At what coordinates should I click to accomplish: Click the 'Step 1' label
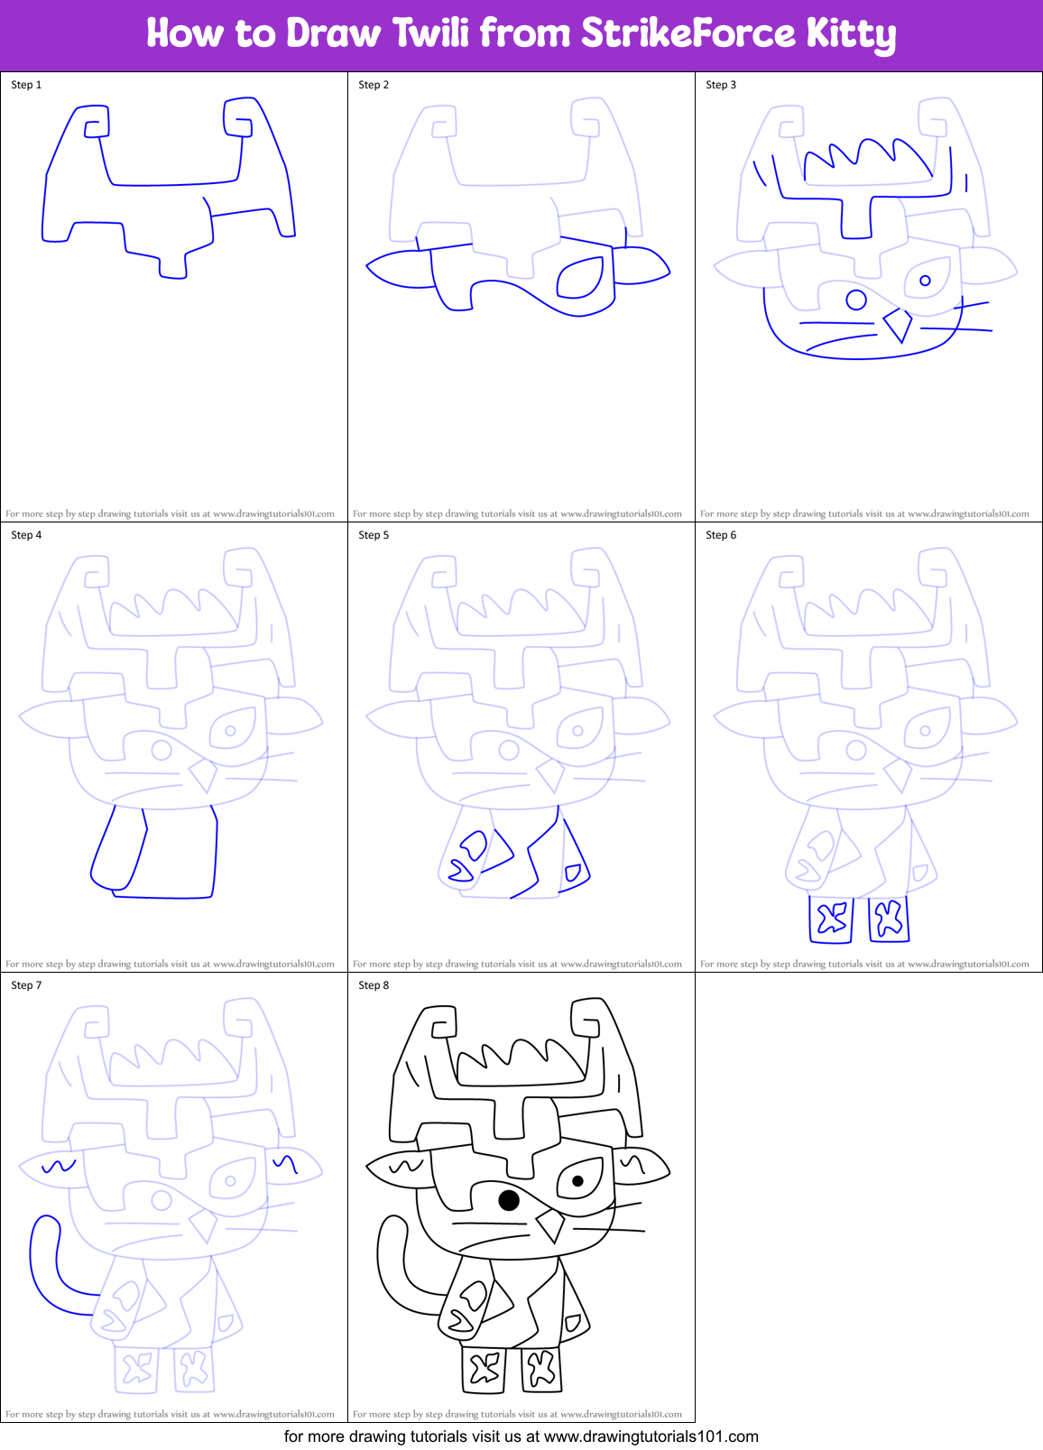(26, 85)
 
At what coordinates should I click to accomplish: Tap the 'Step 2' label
(374, 85)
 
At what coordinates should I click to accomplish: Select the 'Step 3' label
(721, 85)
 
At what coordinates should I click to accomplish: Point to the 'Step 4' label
(26, 535)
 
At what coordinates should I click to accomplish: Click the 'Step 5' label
(374, 535)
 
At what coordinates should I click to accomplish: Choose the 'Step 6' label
(721, 535)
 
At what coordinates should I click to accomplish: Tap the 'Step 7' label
(26, 985)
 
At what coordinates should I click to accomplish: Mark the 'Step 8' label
(374, 985)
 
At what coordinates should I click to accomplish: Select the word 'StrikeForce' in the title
(688, 33)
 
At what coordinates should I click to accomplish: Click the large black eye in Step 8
(509, 1200)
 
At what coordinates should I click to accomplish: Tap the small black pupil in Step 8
(577, 1180)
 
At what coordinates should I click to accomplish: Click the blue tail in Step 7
(45, 1263)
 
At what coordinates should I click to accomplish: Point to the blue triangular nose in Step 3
(898, 325)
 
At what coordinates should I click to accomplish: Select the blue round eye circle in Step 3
(856, 299)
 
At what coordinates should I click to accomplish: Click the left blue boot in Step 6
(832, 919)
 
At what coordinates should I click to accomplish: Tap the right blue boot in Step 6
(889, 919)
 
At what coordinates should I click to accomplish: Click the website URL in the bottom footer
(651, 1436)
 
